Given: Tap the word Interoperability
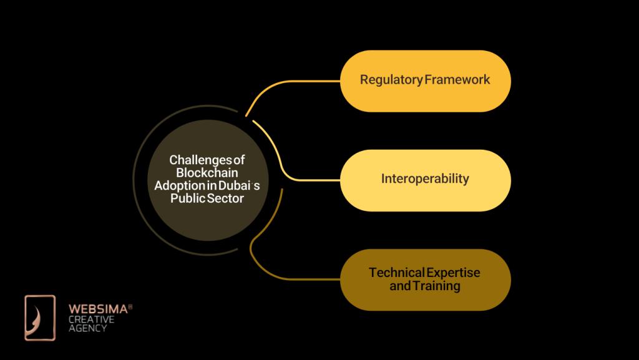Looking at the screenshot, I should click(425, 179).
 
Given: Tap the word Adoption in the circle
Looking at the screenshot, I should click(177, 185).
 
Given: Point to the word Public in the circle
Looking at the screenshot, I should click(187, 198).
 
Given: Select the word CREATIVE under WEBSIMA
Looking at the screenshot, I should click(91, 319).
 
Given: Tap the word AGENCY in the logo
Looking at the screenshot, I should click(87, 328).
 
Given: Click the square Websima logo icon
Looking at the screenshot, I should click(40, 318).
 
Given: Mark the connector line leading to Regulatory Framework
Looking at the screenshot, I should click(293, 81).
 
